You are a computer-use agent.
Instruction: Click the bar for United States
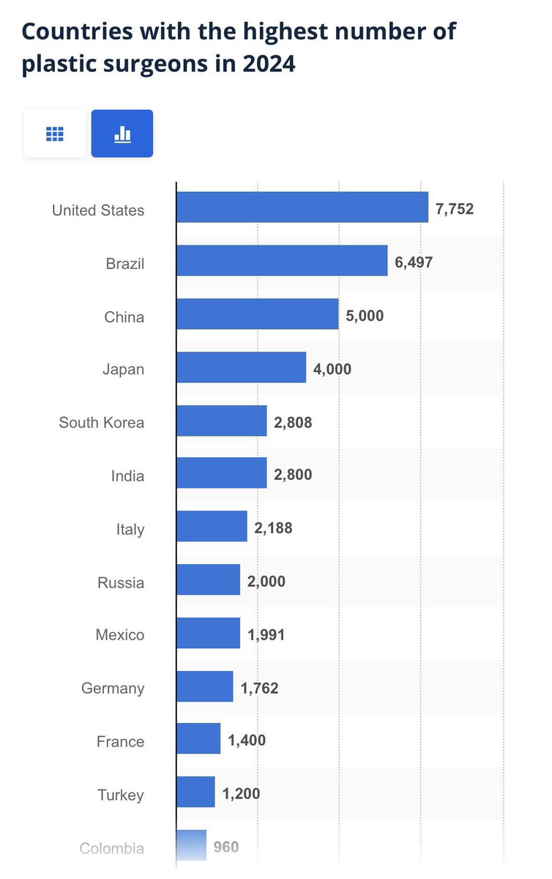pyautogui.click(x=302, y=207)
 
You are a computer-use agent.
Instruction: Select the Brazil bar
pyautogui.click(x=282, y=261)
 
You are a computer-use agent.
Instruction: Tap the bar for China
pyautogui.click(x=258, y=314)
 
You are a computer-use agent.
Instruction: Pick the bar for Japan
pyautogui.click(x=242, y=367)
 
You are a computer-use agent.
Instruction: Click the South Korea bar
pyautogui.click(x=222, y=420)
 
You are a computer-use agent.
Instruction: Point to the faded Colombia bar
pyautogui.click(x=192, y=845)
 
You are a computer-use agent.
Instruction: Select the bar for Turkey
pyautogui.click(x=195, y=792)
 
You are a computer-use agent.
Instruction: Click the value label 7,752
pyautogui.click(x=455, y=209)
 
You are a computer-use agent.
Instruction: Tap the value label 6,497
pyautogui.click(x=414, y=262)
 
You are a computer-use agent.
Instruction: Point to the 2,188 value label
pyautogui.click(x=273, y=528)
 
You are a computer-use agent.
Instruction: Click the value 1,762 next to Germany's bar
pyautogui.click(x=259, y=688)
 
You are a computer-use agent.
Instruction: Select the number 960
pyautogui.click(x=226, y=847)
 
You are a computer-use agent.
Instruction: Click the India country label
pyautogui.click(x=127, y=476)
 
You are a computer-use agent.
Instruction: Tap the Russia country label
pyautogui.click(x=121, y=583)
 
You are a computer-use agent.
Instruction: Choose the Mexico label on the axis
pyautogui.click(x=120, y=634)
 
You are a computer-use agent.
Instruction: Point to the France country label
pyautogui.click(x=121, y=741)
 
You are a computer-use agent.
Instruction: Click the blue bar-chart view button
pyautogui.click(x=122, y=133)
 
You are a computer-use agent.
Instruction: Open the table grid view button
pyautogui.click(x=54, y=133)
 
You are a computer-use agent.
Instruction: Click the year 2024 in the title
pyautogui.click(x=269, y=64)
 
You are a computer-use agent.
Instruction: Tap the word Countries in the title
pyautogui.click(x=78, y=31)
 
